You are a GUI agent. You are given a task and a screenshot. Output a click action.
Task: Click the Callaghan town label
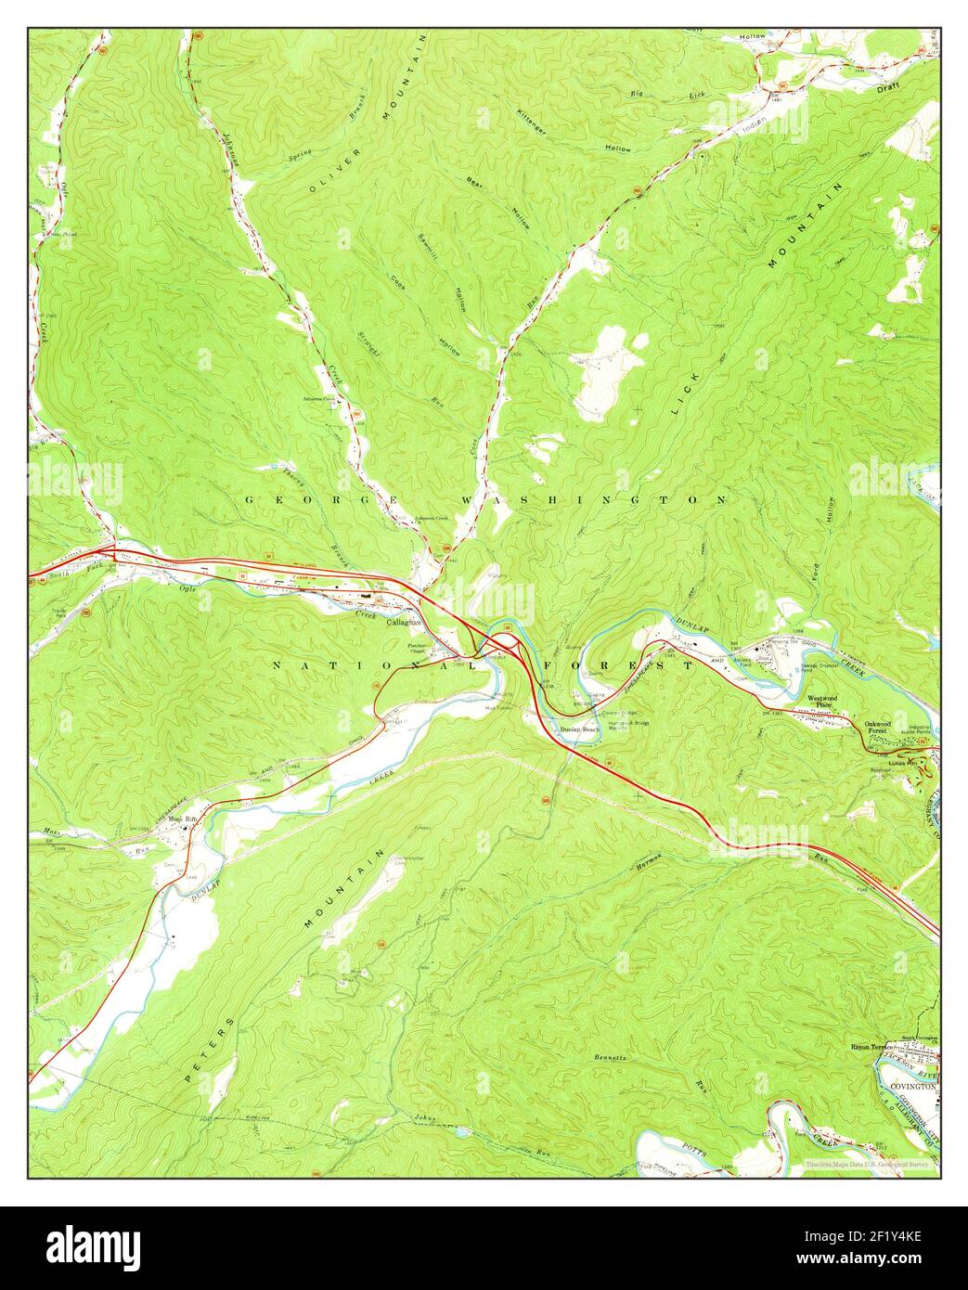404,624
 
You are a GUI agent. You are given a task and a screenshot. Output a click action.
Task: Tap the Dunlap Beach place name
580,730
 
